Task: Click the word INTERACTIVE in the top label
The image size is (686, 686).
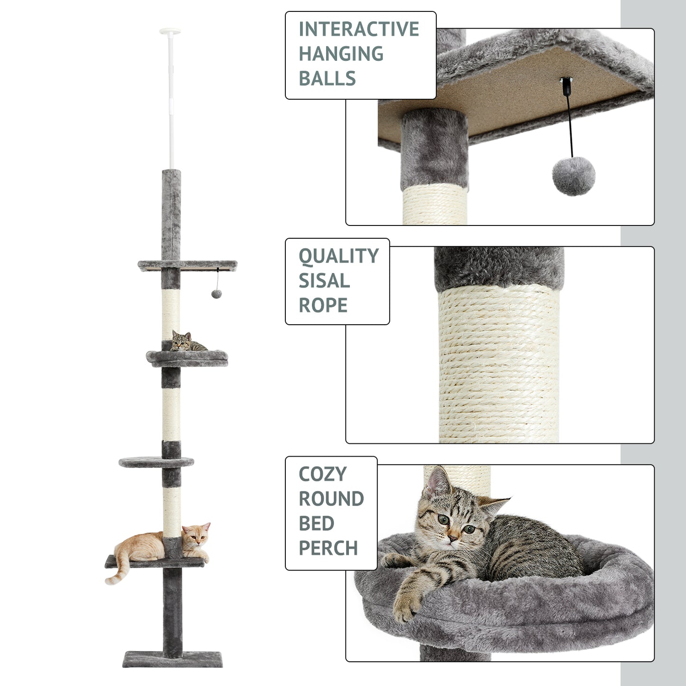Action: [358, 29]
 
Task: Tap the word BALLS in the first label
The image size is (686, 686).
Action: [327, 79]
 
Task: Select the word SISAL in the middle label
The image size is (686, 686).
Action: [324, 281]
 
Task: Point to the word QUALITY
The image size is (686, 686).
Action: [338, 256]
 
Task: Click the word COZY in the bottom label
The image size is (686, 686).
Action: [322, 474]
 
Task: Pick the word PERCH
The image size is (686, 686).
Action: [328, 548]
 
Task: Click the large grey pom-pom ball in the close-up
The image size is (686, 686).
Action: [573, 176]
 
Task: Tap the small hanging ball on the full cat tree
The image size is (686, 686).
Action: [216, 294]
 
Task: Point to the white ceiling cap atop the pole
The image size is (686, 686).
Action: [170, 32]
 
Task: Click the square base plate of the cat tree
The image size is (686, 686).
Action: [172, 659]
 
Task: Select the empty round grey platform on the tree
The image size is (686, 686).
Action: [156, 461]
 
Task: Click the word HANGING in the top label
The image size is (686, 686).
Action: [341, 54]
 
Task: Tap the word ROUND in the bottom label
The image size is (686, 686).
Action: [331, 499]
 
